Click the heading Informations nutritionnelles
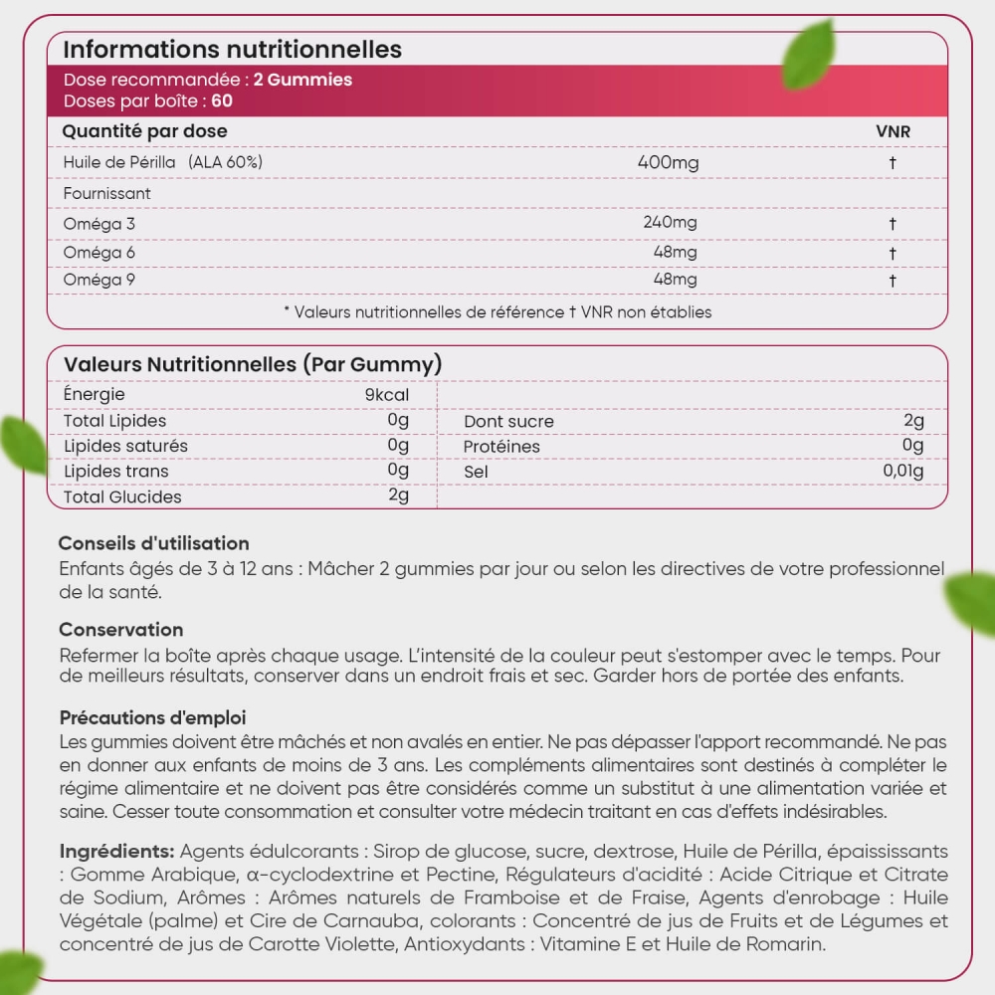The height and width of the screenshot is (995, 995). pos(232,50)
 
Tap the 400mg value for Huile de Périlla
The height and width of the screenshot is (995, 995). pos(668,162)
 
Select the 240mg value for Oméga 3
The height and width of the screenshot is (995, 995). pos(671,223)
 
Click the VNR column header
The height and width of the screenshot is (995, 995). pos(893,131)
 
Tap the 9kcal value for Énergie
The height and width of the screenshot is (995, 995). pos(387,395)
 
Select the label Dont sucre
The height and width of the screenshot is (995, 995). pos(508,422)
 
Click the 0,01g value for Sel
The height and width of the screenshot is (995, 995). pos(903,471)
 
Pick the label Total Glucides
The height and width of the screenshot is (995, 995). pos(122,497)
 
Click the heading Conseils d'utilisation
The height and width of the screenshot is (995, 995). pos(153,543)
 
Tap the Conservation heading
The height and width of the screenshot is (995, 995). pos(120,630)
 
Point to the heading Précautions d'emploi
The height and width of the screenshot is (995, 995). pos(152,717)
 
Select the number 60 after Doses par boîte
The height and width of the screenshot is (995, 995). pos(222,101)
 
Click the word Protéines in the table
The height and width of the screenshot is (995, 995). pos(501,447)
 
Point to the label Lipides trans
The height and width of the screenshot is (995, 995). pos(115,472)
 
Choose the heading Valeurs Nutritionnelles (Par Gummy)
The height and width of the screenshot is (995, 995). pos(253,365)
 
